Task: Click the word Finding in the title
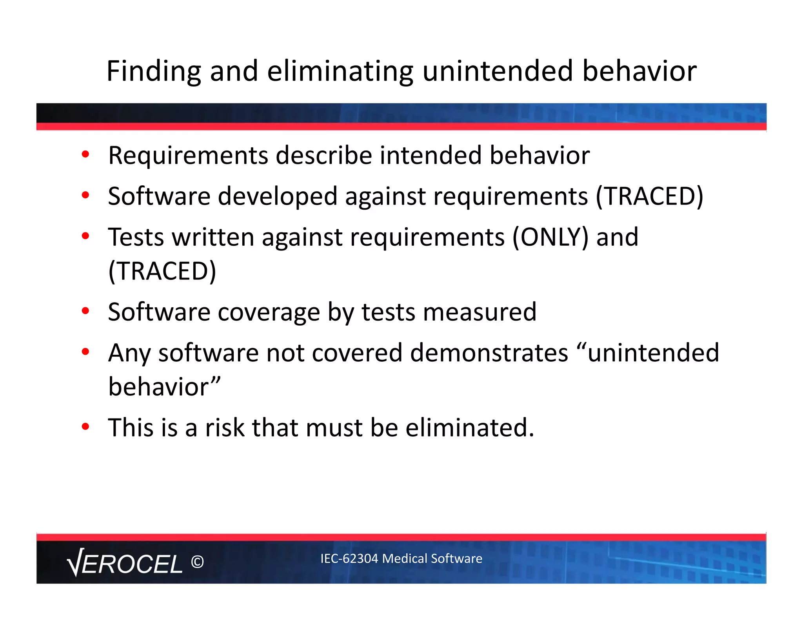(153, 71)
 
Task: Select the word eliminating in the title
(340, 71)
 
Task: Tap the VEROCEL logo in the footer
(125, 563)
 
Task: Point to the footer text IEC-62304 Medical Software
(401, 558)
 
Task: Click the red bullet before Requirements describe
(85, 154)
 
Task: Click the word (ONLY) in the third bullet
(550, 237)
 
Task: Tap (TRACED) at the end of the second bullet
(649, 196)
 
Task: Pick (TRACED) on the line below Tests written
(162, 271)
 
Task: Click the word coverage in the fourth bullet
(269, 313)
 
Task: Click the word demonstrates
(489, 353)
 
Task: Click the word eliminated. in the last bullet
(470, 428)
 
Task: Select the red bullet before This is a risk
(85, 426)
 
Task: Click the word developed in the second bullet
(277, 196)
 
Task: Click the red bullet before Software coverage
(85, 311)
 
